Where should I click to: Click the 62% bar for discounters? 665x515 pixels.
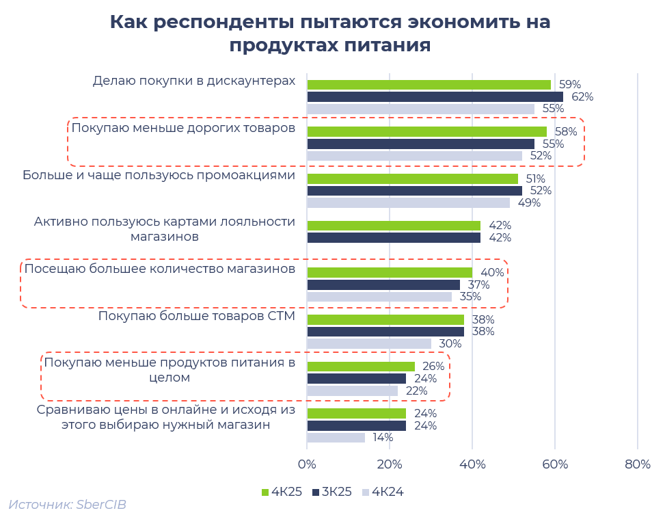click(x=435, y=97)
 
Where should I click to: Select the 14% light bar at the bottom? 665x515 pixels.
click(x=336, y=438)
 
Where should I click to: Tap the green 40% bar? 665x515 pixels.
click(x=390, y=273)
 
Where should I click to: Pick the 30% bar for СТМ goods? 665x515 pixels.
click(x=369, y=343)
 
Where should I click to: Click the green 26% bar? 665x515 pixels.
click(x=361, y=367)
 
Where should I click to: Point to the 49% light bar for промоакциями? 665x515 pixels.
click(x=408, y=202)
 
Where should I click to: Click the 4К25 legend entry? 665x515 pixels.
click(x=282, y=491)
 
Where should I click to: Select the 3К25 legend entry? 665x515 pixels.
click(x=332, y=491)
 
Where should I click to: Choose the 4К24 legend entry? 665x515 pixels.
click(x=382, y=491)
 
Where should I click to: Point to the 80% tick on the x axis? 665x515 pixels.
click(x=637, y=465)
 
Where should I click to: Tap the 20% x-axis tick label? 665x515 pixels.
click(x=390, y=465)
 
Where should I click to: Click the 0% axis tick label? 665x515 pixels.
click(x=308, y=465)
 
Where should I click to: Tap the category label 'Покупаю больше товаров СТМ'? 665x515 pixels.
click(x=196, y=316)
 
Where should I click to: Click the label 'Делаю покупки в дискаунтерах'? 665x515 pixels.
click(x=193, y=81)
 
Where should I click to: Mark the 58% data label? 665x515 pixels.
click(x=565, y=132)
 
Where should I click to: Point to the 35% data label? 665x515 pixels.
click(x=470, y=297)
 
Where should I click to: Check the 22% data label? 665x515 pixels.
click(x=416, y=391)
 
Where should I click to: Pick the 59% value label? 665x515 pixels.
click(x=569, y=85)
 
